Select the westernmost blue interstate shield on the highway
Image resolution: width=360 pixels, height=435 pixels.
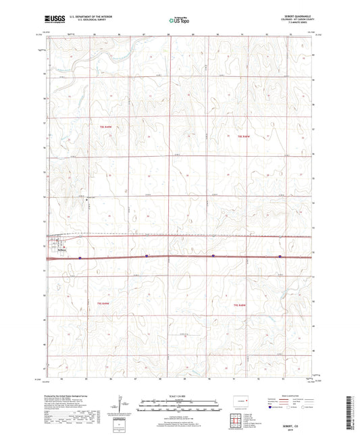pos(80,257)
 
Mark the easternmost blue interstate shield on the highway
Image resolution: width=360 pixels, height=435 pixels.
pos(278,256)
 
